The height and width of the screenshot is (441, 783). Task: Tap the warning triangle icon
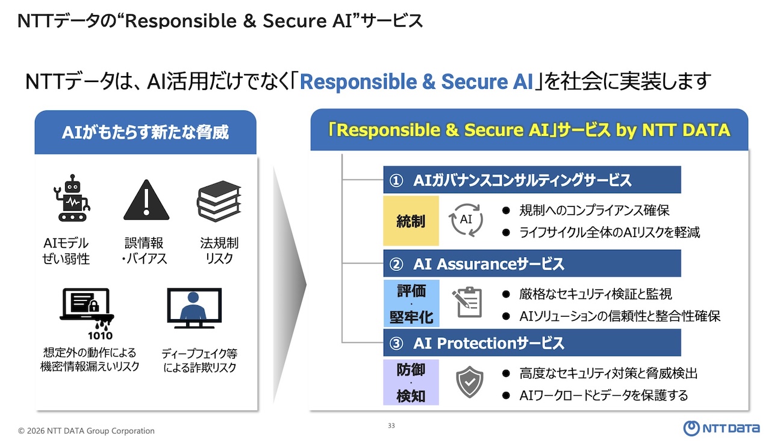146,201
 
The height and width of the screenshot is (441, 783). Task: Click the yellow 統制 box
411,221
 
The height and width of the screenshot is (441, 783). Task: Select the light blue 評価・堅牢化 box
411,303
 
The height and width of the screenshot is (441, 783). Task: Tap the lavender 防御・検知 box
411,382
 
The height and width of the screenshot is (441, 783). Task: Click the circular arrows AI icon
467,220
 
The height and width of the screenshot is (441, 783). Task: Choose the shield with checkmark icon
469,382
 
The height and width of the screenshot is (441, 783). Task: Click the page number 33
391,426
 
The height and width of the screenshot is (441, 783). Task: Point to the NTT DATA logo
721,428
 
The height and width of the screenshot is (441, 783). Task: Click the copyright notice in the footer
86,431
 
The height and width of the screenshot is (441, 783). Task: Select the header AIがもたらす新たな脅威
145,132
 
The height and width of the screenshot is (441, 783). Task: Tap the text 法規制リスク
219,251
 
